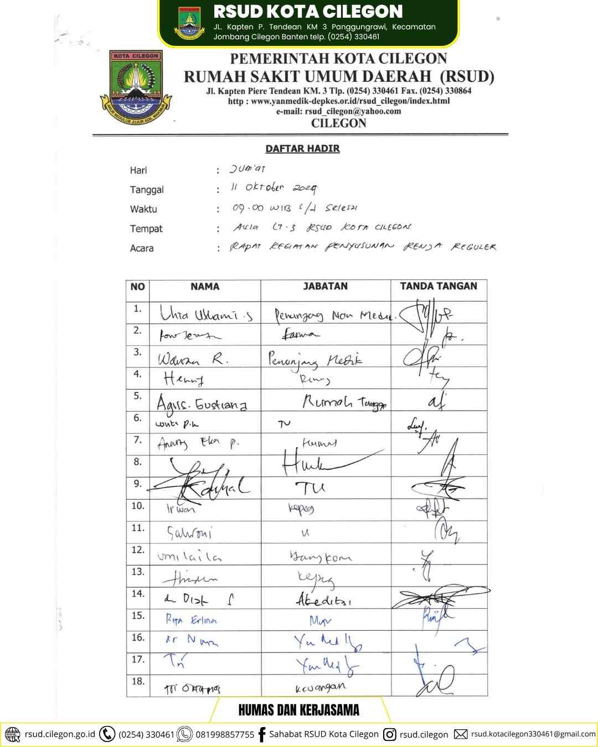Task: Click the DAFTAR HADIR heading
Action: pos(302,149)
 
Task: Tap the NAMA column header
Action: pos(205,287)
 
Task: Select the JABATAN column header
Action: pos(325,287)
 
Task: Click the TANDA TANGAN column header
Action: pos(439,286)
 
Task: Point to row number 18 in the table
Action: pos(137,682)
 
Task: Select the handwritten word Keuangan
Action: pos(321,687)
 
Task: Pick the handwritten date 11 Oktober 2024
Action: pos(274,189)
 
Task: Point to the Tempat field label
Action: pos(146,229)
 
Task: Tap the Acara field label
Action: pos(142,248)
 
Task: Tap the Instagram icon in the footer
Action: pos(390,734)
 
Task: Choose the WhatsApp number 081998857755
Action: pos(225,735)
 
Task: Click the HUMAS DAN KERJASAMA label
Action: pos(299,710)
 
